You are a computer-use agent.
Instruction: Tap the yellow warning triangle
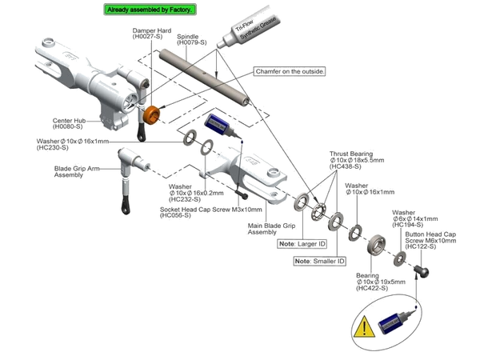click(365, 327)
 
